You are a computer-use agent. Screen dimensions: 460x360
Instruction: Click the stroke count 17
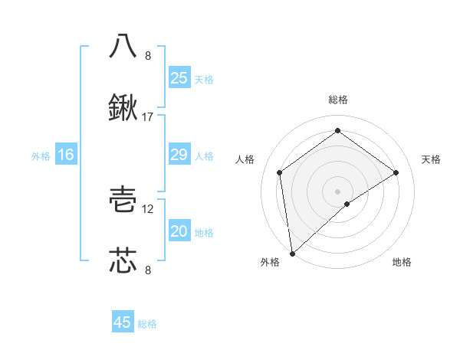click(x=148, y=117)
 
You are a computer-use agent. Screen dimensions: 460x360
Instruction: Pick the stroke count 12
click(x=148, y=208)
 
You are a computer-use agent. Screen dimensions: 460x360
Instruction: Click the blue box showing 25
click(x=179, y=77)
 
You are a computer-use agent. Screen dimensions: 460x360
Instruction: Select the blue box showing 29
click(x=179, y=155)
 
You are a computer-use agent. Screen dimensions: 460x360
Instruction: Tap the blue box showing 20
click(x=179, y=231)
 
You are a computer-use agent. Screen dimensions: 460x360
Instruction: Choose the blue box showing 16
click(x=66, y=155)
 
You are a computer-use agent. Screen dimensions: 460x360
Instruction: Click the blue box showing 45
click(x=123, y=322)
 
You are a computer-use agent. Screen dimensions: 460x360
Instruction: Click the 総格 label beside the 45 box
click(x=147, y=324)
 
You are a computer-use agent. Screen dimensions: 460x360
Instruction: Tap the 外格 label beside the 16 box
click(x=41, y=155)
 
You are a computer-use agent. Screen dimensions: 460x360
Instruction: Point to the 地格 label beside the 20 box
click(x=204, y=232)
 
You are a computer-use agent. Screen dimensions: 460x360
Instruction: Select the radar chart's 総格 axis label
click(x=338, y=100)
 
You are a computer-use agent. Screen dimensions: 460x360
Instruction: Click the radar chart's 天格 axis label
click(x=431, y=159)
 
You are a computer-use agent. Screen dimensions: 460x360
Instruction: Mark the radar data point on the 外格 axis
click(x=291, y=253)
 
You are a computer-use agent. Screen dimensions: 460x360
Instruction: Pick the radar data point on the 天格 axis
click(x=396, y=172)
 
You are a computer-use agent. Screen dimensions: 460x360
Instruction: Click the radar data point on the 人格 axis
click(x=280, y=172)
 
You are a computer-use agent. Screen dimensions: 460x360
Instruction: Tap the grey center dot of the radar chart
click(x=338, y=191)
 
